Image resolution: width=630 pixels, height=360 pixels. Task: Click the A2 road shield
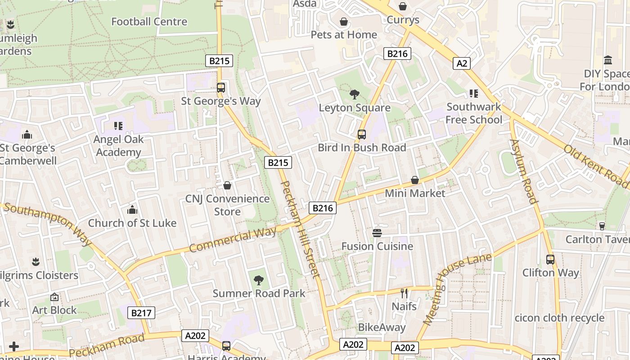(462, 63)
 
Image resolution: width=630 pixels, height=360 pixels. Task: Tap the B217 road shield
(141, 313)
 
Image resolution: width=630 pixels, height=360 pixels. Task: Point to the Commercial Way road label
(233, 240)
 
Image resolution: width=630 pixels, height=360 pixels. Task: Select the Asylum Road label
(523, 171)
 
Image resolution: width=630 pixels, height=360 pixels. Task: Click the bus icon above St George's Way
(221, 88)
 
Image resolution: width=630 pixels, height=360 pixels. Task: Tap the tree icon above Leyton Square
(355, 94)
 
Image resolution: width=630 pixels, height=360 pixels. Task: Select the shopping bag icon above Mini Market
(415, 180)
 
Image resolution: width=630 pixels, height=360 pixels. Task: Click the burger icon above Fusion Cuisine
(377, 233)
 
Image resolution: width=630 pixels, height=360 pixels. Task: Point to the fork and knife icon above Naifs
(404, 293)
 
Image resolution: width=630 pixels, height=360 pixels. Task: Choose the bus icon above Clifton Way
(550, 259)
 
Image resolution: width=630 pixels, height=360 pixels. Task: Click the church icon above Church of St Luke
(132, 210)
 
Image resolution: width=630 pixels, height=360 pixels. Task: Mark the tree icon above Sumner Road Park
(259, 280)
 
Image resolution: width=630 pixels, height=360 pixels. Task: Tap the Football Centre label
(149, 22)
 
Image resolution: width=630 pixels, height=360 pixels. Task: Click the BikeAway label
(382, 327)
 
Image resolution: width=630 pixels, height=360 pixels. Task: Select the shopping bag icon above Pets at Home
(344, 22)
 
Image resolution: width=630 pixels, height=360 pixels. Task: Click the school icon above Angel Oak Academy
(118, 126)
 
